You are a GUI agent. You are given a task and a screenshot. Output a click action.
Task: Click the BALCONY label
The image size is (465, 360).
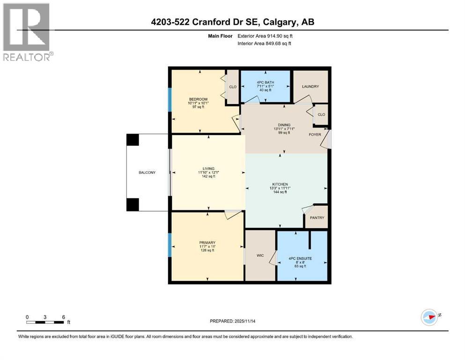147,172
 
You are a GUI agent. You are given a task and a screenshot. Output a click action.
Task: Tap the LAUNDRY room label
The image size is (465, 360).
310,86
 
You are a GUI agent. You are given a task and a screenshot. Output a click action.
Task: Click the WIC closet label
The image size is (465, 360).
260,256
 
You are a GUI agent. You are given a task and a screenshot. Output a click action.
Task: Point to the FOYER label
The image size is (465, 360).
315,135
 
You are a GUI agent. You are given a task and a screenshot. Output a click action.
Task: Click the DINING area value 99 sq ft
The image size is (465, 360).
284,133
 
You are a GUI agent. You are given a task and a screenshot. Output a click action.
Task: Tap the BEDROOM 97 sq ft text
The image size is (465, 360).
198,107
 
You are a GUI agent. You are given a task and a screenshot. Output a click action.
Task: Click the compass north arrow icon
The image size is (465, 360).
429,317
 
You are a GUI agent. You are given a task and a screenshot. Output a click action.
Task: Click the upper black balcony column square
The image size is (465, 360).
133,140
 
